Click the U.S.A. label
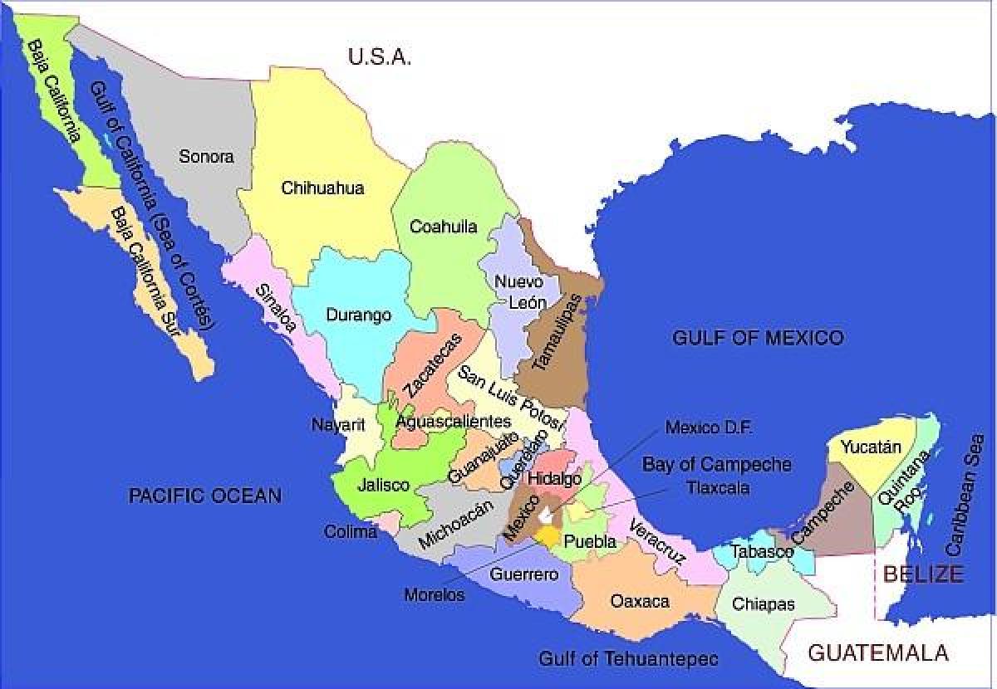(380, 56)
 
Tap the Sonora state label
(206, 156)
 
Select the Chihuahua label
(322, 188)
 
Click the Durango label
(358, 315)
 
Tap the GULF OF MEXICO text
(757, 337)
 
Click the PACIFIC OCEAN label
(204, 496)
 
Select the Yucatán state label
(870, 447)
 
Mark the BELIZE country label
(923, 574)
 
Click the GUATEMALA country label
(878, 652)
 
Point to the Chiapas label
(763, 604)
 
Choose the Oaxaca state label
(640, 600)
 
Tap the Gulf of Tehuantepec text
(628, 659)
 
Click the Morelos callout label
(435, 595)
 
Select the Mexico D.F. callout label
(709, 428)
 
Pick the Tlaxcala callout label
(718, 488)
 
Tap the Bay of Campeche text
(716, 464)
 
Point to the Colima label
(351, 532)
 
